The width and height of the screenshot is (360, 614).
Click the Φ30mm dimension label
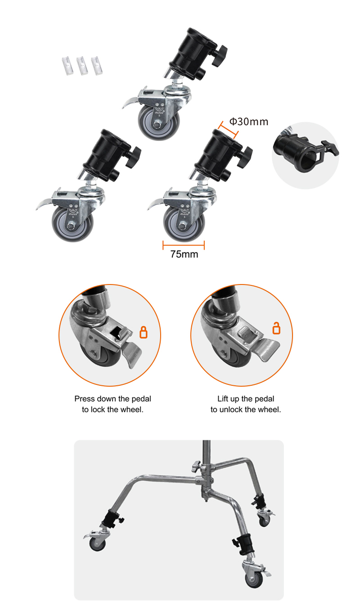(249, 122)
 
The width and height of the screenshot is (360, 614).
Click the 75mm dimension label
(184, 254)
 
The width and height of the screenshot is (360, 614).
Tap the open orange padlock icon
(276, 328)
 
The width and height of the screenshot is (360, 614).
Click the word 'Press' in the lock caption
(85, 399)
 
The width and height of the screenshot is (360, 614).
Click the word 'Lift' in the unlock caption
(223, 399)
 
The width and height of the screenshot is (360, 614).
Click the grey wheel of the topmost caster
(159, 122)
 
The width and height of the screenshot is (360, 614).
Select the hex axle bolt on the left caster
(70, 226)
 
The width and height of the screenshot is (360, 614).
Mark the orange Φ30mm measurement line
(228, 130)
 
